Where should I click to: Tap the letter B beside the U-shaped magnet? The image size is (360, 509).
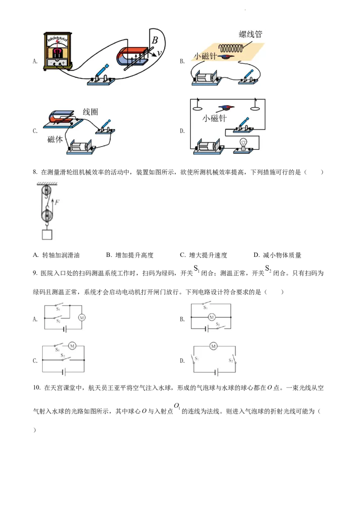pos(154,40)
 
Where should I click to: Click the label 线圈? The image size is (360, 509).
pos(90,112)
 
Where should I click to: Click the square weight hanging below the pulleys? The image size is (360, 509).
pos(47,234)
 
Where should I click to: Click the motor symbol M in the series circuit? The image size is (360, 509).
pos(214,346)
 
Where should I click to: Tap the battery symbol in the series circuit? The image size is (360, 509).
pos(217,372)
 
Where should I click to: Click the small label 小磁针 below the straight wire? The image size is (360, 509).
pos(215,119)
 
